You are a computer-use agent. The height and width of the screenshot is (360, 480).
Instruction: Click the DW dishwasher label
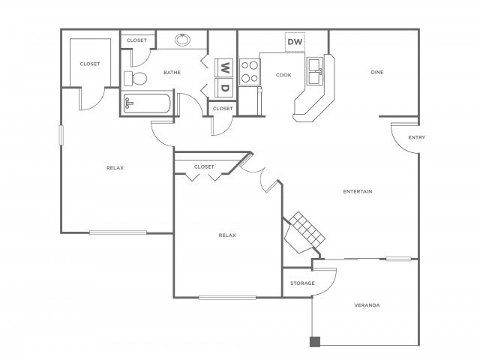[x=295, y=42]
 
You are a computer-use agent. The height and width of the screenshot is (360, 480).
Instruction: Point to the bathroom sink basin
[x=183, y=40]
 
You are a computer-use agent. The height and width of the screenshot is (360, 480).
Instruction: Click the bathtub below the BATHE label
[x=148, y=104]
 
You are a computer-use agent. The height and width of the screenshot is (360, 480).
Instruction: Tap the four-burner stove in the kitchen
[x=250, y=71]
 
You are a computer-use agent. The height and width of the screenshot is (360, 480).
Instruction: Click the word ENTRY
[x=416, y=137]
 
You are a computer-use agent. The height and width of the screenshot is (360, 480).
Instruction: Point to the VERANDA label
[x=367, y=305]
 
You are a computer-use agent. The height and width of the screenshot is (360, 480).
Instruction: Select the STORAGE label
[x=302, y=283]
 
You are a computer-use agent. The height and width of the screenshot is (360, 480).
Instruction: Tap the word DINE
[x=377, y=73]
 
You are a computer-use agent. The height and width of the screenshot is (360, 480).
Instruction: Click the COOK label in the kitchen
[x=283, y=75]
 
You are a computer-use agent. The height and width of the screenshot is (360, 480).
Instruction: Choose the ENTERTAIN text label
[x=358, y=191]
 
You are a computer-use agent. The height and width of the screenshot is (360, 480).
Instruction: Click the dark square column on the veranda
[x=315, y=342]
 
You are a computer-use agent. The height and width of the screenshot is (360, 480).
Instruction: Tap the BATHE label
[x=172, y=73]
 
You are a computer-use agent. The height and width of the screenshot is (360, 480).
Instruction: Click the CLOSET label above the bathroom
[x=136, y=40]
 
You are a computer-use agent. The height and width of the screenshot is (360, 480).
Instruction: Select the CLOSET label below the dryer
[x=223, y=108]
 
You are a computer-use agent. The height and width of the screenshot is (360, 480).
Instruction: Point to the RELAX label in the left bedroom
[x=115, y=168]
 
